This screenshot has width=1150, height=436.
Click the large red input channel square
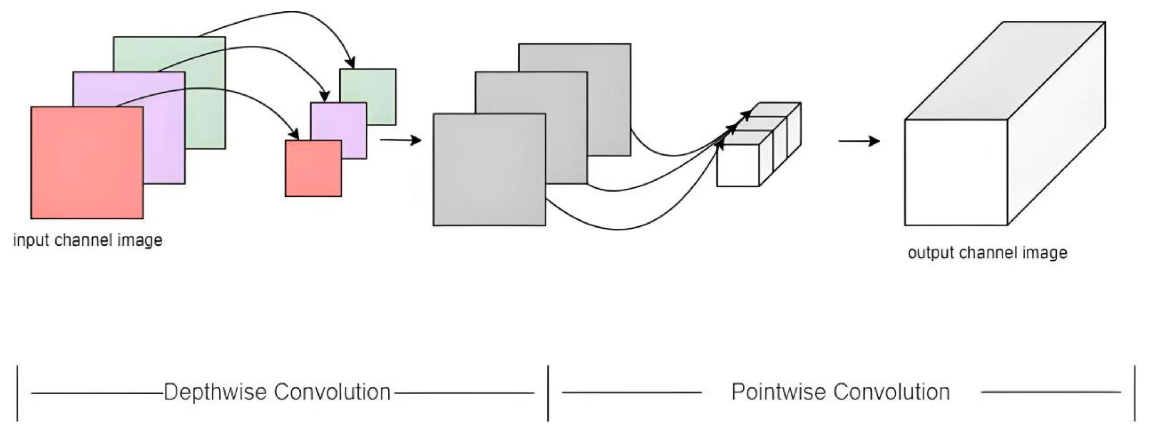click(87, 163)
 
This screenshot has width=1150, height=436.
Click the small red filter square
click(313, 169)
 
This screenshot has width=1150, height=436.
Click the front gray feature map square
click(489, 170)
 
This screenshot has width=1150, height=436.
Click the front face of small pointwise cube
click(737, 165)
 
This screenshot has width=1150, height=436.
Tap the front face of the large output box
click(955, 172)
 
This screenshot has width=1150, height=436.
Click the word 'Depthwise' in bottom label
click(216, 392)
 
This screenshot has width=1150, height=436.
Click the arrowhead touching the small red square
click(295, 134)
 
